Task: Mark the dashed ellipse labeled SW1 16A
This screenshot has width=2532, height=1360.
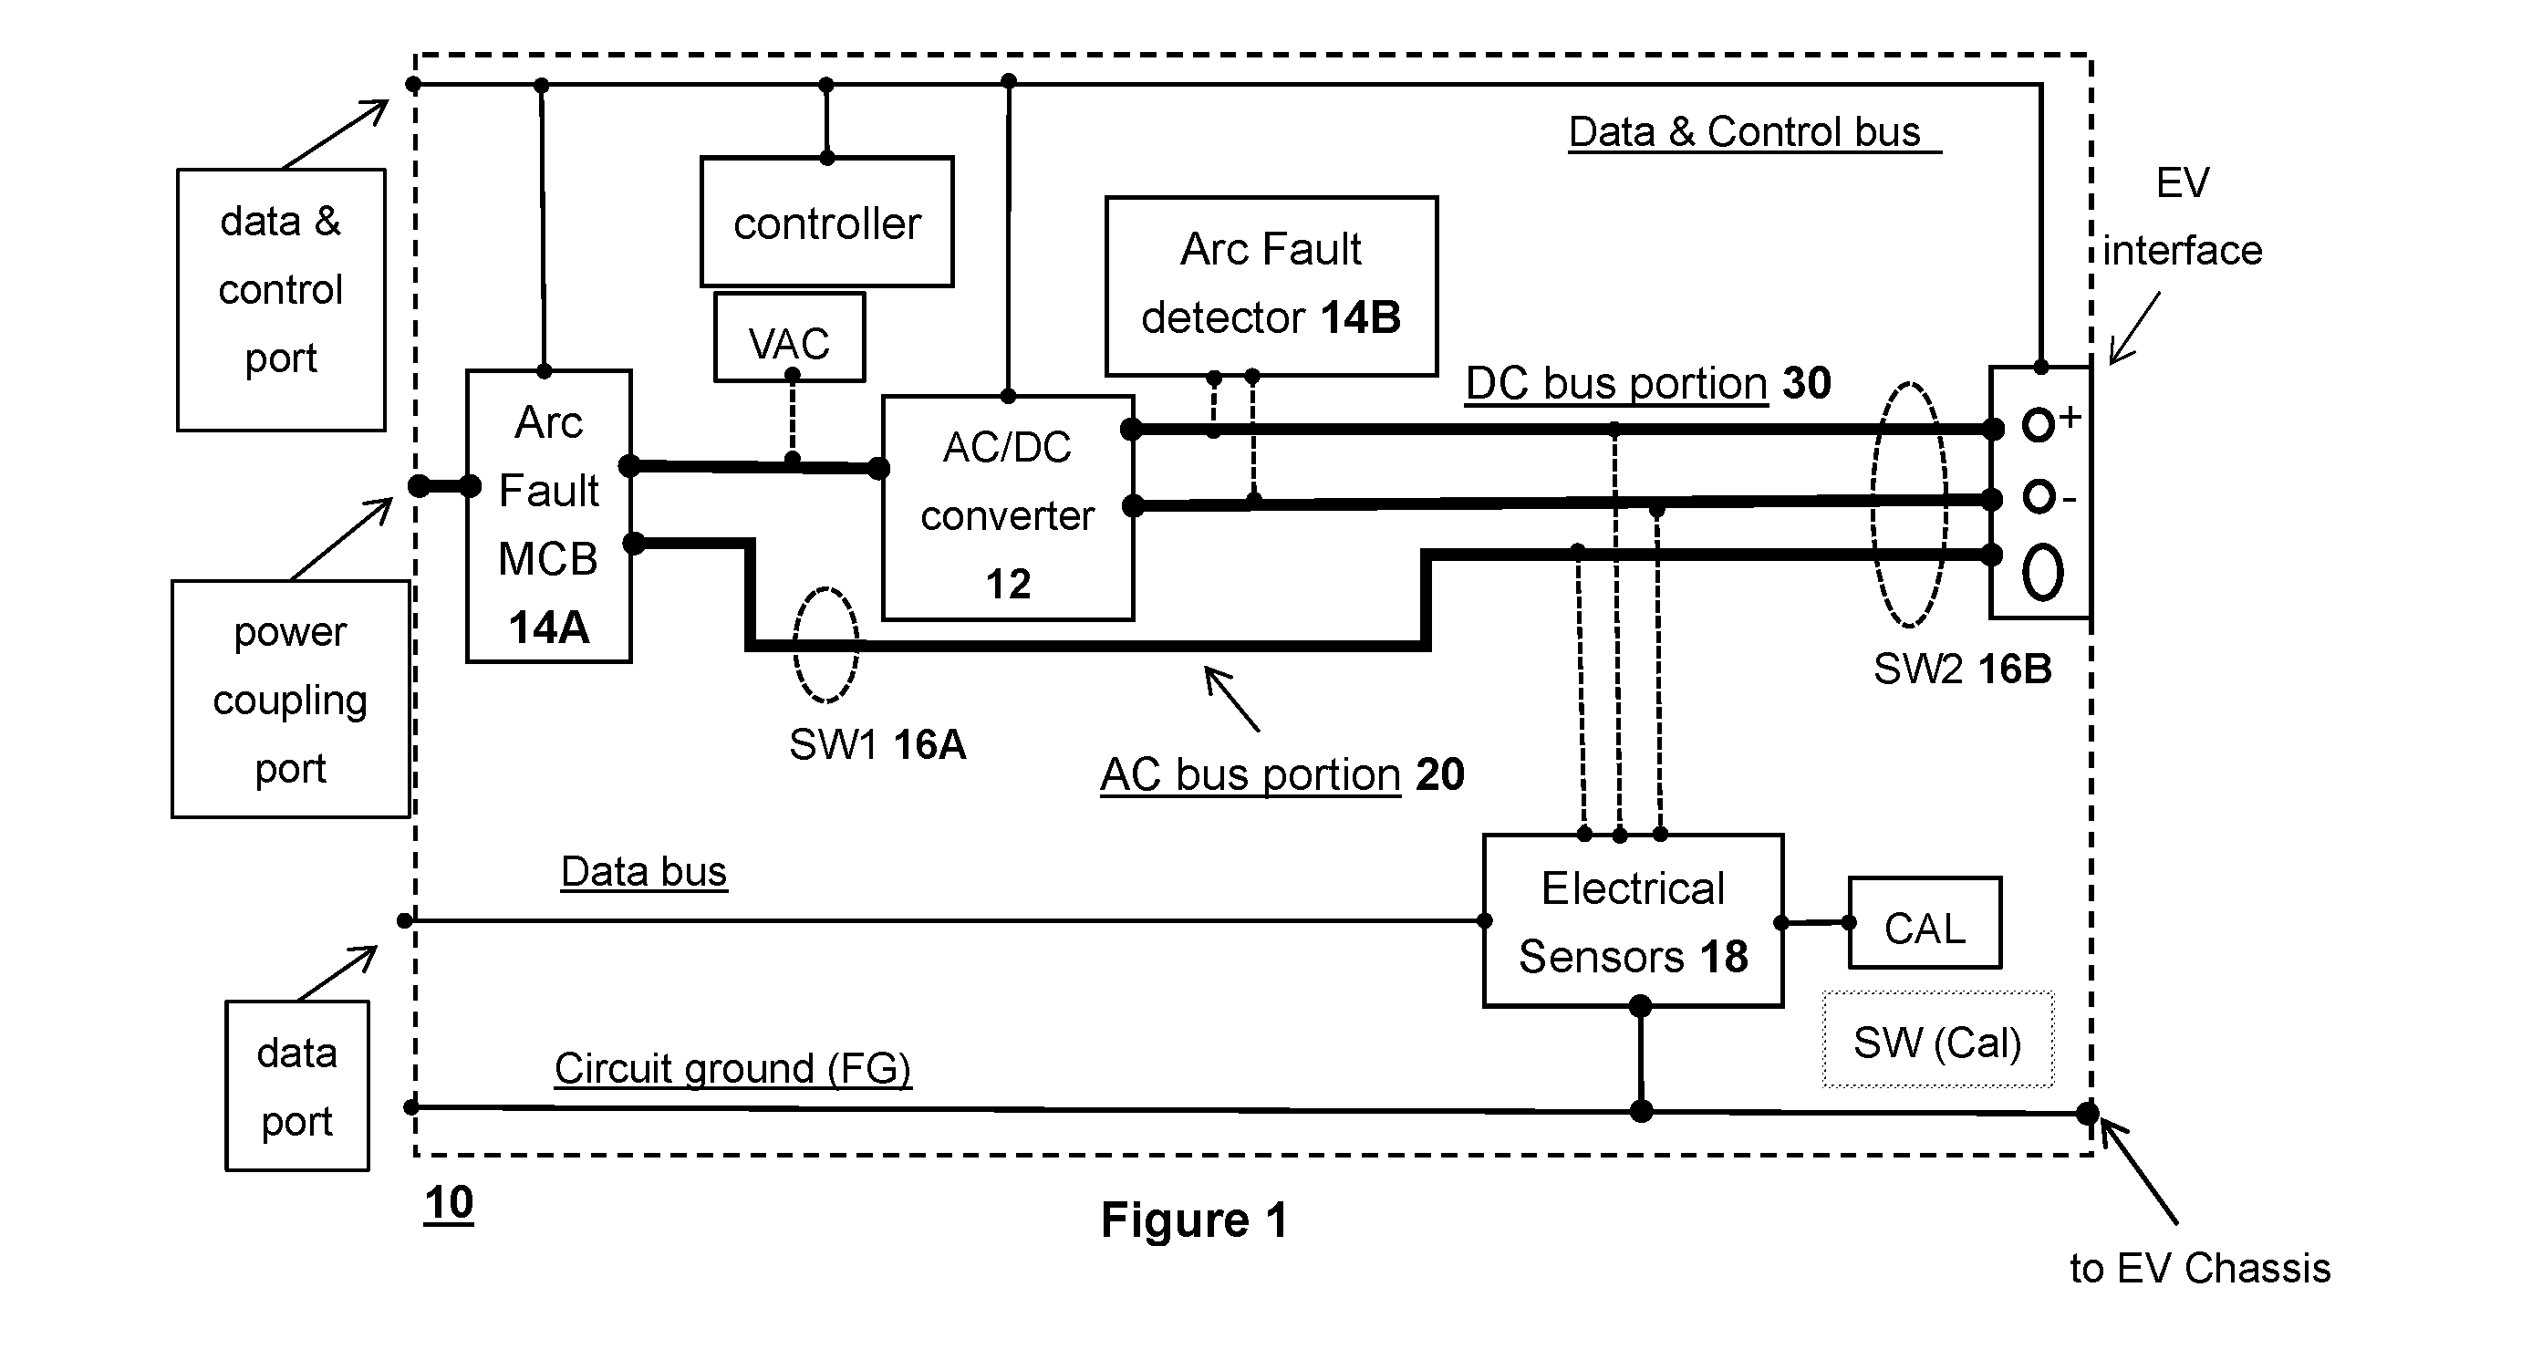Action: tap(794, 645)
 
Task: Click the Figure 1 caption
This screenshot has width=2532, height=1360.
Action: tap(1194, 1220)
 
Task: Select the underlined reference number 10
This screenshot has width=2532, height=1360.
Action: tap(449, 1203)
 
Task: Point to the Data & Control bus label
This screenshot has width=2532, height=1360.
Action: tap(1745, 131)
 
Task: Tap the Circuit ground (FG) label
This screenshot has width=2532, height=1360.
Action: tap(733, 1068)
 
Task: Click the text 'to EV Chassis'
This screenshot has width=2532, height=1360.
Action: tap(2200, 1269)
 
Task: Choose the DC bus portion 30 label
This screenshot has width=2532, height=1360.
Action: tap(1648, 382)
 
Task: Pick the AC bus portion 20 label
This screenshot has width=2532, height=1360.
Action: tap(1282, 774)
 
